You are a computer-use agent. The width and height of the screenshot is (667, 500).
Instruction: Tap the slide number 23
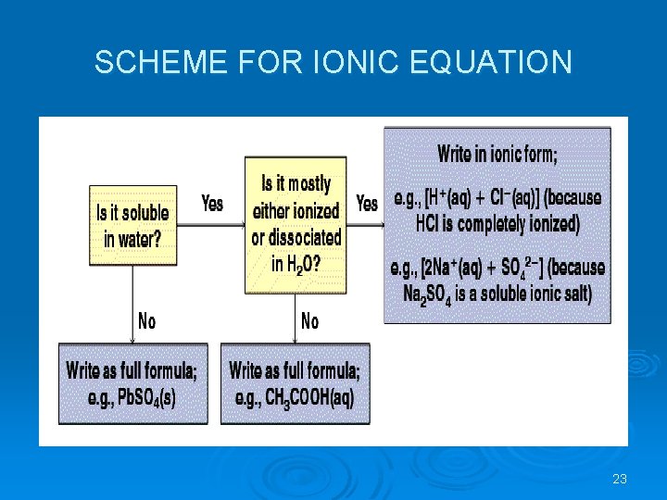[x=620, y=479]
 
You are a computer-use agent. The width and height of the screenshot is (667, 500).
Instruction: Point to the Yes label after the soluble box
[x=212, y=203]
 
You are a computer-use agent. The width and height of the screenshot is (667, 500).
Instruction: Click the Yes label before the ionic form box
[x=367, y=203]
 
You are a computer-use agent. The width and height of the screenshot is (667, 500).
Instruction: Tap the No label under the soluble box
[x=146, y=321]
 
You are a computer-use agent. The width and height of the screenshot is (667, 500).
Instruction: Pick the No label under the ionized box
[x=309, y=321]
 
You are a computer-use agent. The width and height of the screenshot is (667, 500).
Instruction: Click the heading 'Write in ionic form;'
[x=497, y=154]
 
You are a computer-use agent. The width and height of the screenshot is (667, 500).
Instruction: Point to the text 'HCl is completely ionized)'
[x=497, y=223]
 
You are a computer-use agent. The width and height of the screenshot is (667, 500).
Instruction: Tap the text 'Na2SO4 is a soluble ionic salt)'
[x=497, y=294]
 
